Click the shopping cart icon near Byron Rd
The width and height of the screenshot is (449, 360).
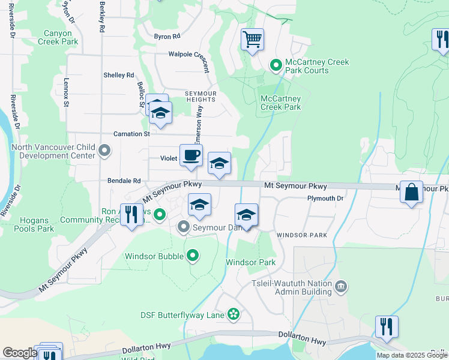[253, 40]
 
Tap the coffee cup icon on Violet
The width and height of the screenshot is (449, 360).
[191, 155]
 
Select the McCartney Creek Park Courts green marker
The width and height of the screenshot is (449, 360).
[276, 64]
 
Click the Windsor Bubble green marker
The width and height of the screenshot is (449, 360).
[192, 256]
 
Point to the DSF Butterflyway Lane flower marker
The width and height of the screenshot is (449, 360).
[234, 314]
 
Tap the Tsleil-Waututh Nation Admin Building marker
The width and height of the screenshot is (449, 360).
[341, 286]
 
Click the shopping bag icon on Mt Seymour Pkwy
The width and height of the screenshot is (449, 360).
[411, 193]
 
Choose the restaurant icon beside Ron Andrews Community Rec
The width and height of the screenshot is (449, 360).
[132, 215]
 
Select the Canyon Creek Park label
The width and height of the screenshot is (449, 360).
[58, 38]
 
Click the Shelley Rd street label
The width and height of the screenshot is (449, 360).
[119, 75]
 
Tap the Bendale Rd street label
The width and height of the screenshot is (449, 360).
[124, 180]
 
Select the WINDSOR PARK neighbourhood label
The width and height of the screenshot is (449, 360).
[302, 235]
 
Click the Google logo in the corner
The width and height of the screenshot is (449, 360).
[19, 353]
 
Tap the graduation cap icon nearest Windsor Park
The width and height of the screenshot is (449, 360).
[246, 214]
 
